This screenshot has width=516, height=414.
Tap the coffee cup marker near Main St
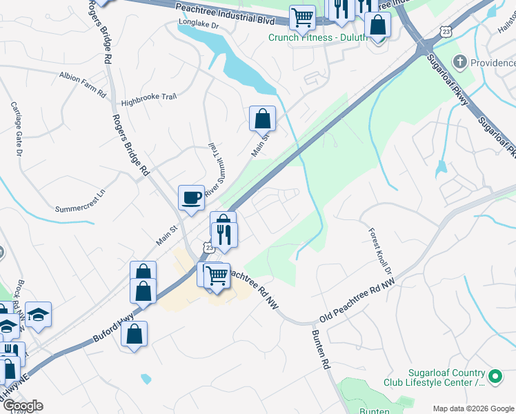point(191,198)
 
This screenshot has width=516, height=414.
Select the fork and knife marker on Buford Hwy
point(224,235)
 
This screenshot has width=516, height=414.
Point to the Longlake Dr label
point(198,24)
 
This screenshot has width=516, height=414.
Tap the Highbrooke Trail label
point(149,101)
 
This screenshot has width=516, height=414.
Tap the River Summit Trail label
point(214,166)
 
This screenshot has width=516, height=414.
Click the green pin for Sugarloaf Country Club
point(495,377)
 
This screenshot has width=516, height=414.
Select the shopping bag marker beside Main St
point(263,119)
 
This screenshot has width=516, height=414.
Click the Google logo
point(22,406)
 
